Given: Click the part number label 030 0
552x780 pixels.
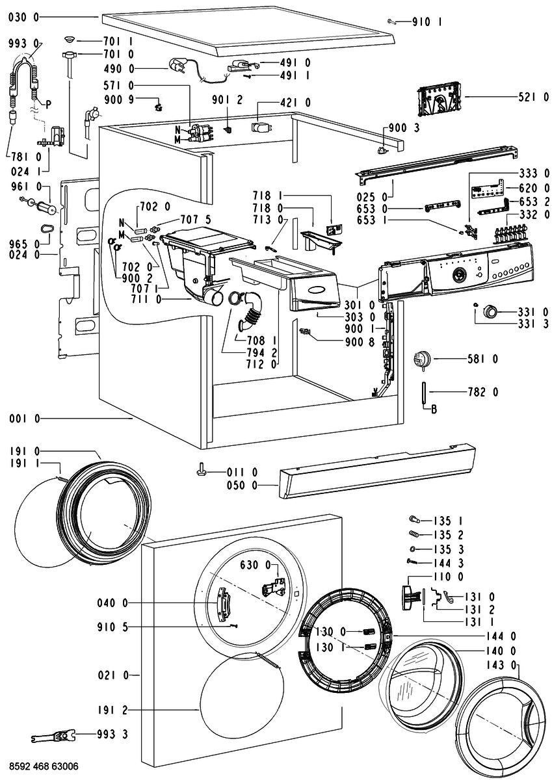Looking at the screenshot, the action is [x=23, y=17].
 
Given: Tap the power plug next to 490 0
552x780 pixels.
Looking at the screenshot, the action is [x=178, y=66].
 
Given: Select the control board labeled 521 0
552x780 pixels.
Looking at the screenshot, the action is [x=440, y=101].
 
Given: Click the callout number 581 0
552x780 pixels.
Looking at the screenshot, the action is [x=482, y=359].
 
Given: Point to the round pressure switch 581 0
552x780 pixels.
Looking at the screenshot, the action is [x=422, y=359].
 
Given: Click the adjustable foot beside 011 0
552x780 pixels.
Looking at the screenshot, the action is [x=202, y=471].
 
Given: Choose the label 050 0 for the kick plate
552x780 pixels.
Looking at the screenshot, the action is [x=242, y=485].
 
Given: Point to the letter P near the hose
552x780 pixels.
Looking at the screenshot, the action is [x=48, y=105].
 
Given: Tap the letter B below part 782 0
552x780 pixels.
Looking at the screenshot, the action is [x=434, y=409].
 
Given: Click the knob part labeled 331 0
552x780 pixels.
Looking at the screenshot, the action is [x=490, y=311].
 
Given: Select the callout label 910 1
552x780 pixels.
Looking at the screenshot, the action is [x=427, y=22].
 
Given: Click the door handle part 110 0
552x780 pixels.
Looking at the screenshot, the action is [x=407, y=597].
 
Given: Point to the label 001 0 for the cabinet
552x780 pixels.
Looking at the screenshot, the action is [x=25, y=419].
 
